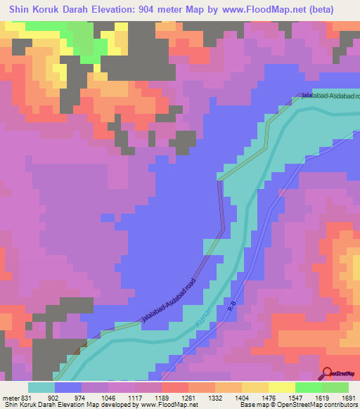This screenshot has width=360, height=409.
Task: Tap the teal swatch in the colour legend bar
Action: pos(41,387)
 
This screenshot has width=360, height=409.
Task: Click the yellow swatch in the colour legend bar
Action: pos(281,387)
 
